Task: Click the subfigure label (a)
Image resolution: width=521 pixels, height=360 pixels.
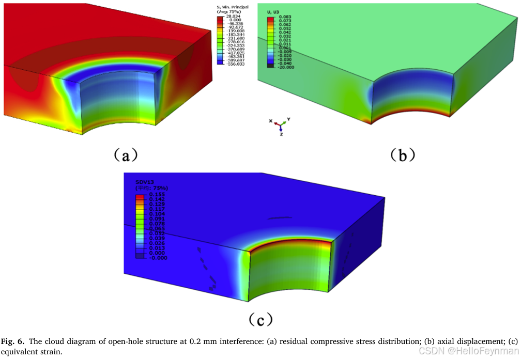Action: (125, 153)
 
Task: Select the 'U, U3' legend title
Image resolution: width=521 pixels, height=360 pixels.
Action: (272, 11)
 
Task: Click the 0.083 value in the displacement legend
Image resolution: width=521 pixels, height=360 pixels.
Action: (285, 17)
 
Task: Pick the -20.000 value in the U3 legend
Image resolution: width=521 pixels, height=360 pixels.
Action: (286, 67)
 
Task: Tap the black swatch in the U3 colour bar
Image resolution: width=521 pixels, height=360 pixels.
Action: (270, 66)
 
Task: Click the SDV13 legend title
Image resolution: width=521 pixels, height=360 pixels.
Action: (145, 182)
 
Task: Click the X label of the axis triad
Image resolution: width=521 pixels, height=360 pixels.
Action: (270, 120)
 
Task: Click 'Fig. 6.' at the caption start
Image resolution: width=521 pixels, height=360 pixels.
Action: (13, 341)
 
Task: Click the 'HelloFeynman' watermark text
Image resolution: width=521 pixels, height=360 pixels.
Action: (491, 351)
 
